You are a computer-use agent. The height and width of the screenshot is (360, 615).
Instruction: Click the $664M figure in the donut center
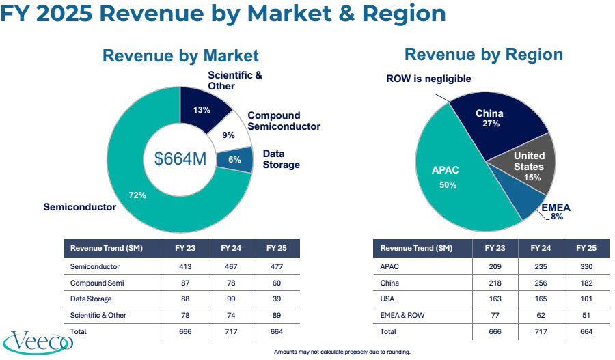coord(180,158)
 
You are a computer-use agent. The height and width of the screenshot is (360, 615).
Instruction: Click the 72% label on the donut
coord(137,195)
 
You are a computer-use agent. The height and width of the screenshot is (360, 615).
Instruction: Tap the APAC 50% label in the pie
coord(448,178)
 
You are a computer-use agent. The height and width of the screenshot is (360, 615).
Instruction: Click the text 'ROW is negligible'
coord(428,79)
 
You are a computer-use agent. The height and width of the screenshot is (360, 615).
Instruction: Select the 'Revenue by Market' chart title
coord(180,56)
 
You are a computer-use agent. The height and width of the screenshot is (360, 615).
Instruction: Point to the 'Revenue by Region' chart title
coord(483,55)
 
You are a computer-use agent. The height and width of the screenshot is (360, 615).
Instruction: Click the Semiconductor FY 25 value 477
coord(276,266)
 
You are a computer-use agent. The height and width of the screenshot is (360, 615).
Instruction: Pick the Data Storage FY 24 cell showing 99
coord(230,299)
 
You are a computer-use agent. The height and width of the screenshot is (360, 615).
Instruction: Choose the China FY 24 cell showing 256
coord(541,282)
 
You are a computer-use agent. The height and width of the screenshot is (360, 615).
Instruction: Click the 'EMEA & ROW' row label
coord(398,315)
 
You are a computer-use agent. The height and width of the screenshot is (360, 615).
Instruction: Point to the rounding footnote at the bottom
coord(342,352)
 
